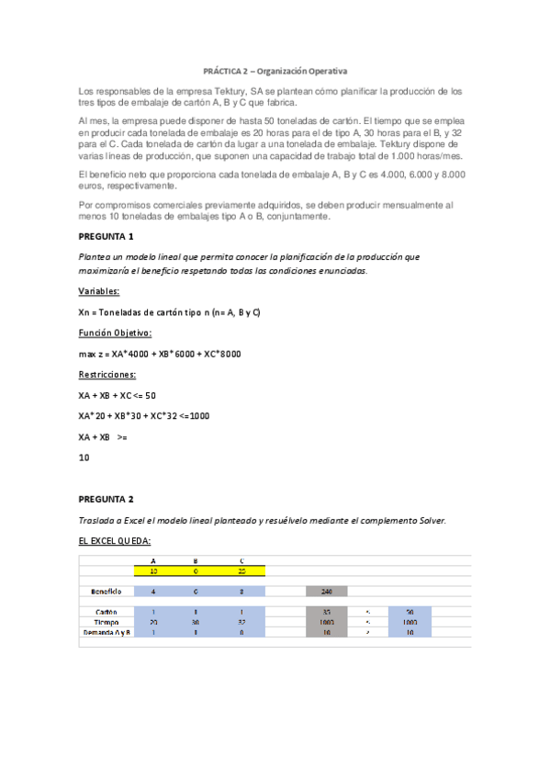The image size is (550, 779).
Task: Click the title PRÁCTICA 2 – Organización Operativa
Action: [x=275, y=70]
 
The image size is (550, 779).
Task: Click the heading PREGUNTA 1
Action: [x=107, y=236]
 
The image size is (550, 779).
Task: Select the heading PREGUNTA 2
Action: [x=107, y=499]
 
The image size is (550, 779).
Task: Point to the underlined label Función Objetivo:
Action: [x=116, y=333]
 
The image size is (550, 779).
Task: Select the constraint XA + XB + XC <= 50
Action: [x=118, y=395]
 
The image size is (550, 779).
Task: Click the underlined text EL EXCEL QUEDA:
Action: [x=116, y=541]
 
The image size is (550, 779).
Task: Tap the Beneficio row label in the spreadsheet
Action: [x=107, y=591]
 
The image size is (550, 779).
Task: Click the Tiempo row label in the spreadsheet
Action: [x=107, y=622]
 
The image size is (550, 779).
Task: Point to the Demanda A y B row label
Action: [x=107, y=632]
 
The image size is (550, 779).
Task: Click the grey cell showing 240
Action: [x=327, y=591]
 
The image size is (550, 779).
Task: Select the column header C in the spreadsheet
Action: [x=241, y=560]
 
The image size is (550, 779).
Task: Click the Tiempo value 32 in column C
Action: [x=241, y=622]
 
